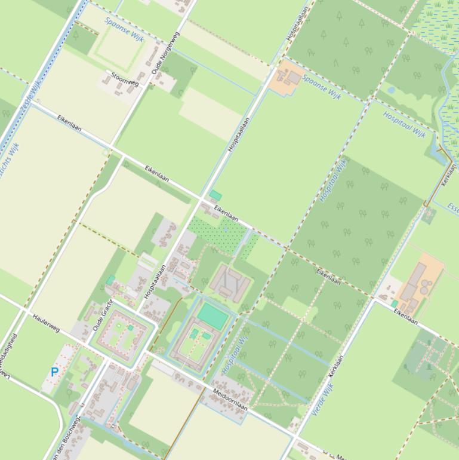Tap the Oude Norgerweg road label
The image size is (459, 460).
165,53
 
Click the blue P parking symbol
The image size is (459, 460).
54,372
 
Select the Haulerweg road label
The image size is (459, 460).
47,323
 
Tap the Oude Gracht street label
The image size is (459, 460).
103,315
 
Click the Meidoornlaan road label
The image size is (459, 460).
230,398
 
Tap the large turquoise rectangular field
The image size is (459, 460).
213,316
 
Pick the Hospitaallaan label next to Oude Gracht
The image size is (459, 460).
154,282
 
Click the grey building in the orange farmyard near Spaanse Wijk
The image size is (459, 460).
293,78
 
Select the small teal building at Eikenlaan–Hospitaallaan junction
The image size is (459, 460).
215,195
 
